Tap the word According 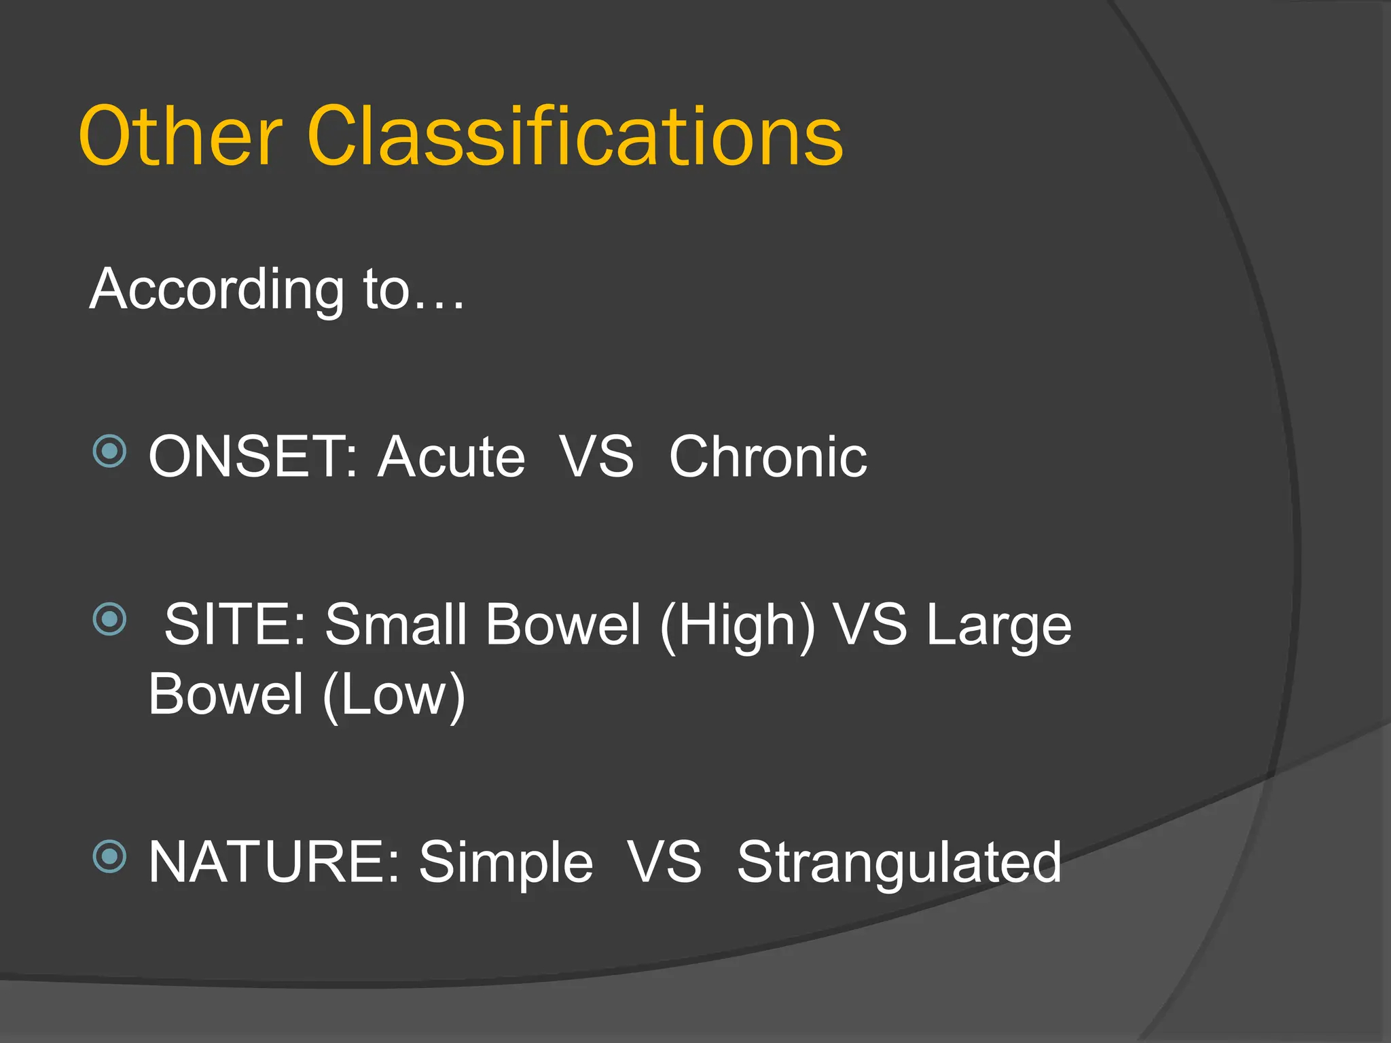click(217, 290)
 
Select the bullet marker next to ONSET click(109, 451)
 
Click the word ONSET click(251, 457)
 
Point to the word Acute click(451, 457)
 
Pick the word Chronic click(767, 457)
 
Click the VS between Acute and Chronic click(597, 457)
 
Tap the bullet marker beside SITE click(109, 619)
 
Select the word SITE click(234, 625)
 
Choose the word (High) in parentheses click(737, 626)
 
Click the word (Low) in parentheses click(394, 696)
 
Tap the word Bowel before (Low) click(225, 694)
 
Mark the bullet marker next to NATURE click(109, 856)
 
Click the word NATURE click(273, 862)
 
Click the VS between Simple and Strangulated click(664, 862)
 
